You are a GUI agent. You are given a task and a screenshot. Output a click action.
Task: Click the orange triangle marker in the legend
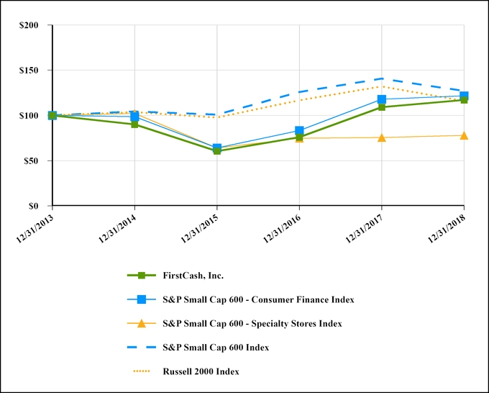click(x=142, y=323)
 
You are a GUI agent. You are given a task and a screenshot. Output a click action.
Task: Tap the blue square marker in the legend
click(x=142, y=299)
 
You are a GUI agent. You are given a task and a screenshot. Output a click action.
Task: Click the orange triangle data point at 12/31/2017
click(x=382, y=137)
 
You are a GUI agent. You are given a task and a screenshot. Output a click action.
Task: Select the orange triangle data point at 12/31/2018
click(x=464, y=135)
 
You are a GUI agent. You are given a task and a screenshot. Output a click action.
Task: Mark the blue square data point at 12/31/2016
click(x=299, y=131)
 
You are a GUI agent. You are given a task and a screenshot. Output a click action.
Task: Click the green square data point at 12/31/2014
click(x=134, y=125)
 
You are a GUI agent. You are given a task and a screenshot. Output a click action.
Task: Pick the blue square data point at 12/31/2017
click(x=382, y=99)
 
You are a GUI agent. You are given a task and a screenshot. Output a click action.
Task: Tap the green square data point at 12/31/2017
click(x=382, y=107)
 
